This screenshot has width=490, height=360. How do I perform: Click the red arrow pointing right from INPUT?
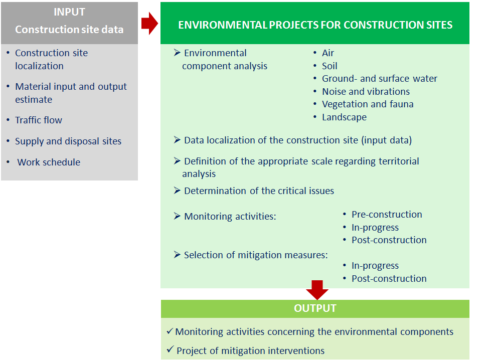149,24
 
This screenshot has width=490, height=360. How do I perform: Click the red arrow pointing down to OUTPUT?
317,290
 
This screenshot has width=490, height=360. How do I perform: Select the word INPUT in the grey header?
69,12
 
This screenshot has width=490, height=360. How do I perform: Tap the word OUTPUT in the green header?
315,308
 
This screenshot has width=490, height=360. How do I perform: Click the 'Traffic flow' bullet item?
39,120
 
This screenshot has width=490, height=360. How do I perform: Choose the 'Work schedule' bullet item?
49,162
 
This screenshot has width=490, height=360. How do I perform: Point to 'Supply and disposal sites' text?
68,141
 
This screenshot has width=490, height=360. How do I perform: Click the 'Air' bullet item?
328,53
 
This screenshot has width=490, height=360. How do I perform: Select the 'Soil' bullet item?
330,66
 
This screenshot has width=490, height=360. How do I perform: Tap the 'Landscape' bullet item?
345,117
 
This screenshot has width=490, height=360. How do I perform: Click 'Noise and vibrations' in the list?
366,92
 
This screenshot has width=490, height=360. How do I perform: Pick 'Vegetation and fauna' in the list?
368,104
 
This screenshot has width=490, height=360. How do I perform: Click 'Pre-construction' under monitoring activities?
387,215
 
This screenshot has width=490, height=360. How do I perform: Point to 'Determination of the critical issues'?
259,191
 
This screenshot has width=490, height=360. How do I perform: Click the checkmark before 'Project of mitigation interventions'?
170,349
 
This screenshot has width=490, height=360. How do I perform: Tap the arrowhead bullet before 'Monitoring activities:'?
177,216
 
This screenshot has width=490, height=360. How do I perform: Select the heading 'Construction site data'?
69,30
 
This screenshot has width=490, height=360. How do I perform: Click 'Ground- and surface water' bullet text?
380,78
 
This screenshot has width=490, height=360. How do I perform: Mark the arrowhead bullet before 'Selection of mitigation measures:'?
177,255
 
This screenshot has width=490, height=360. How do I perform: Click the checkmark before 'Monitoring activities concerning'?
170,331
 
